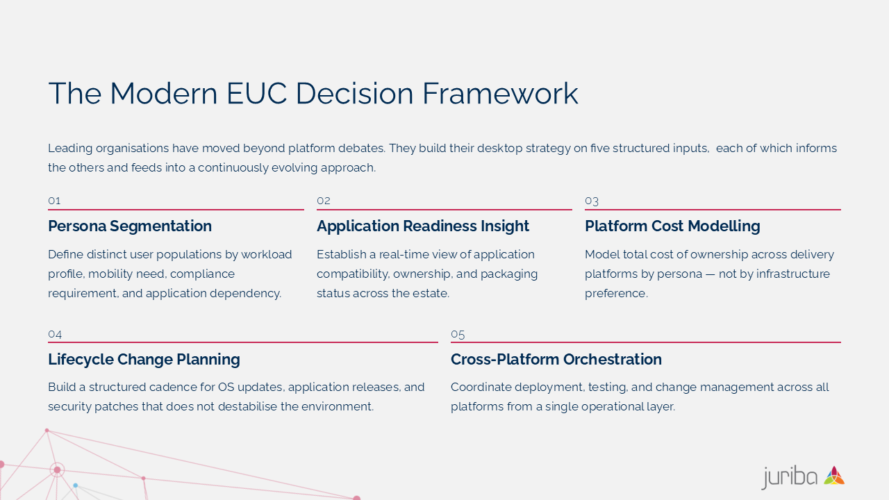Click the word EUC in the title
click(256, 94)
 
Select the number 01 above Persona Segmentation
click(54, 201)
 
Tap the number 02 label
click(324, 201)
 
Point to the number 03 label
click(592, 201)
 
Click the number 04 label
click(55, 335)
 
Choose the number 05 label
click(458, 335)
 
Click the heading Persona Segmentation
click(130, 226)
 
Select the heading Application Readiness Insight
click(423, 226)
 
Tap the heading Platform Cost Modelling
click(672, 226)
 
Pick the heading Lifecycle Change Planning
click(144, 360)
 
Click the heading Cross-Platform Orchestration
click(556, 360)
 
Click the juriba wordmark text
click(790, 477)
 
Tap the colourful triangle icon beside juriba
click(834, 476)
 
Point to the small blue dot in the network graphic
click(76, 485)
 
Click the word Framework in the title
click(500, 94)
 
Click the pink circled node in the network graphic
click(57, 470)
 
